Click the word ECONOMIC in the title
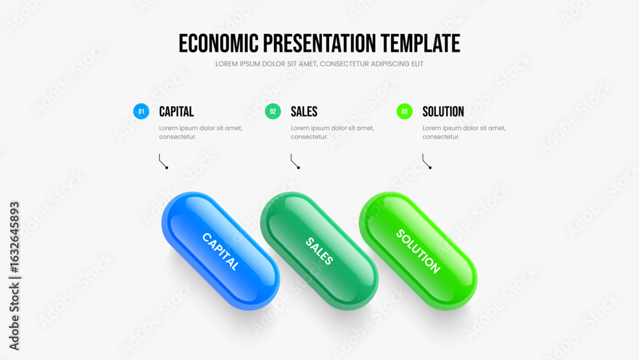pos(219,43)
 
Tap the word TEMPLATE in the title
pos(420,43)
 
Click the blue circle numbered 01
pos(141,111)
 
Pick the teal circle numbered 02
pos(273,111)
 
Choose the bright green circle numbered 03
pos(404,111)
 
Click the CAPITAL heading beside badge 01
pos(176,112)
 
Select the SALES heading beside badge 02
pos(304,112)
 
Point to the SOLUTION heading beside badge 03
pos(443,112)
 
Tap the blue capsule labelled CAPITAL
pos(220,251)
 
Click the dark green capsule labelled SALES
pos(319,251)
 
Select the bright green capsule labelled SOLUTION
pos(418,251)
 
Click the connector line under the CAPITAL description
pos(162,162)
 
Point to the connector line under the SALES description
pos(293,162)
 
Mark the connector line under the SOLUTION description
pos(425,162)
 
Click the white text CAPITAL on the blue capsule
pos(220,251)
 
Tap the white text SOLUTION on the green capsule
pos(418,251)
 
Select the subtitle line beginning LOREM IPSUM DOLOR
pos(319,64)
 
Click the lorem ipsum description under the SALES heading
pos(332,132)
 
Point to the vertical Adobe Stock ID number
pos(15,237)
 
